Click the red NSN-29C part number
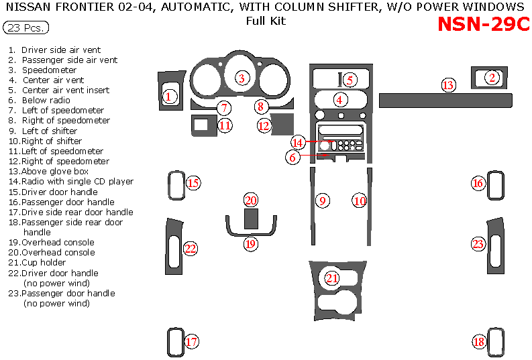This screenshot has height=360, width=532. (x=483, y=24)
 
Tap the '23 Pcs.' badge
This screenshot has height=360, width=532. (x=26, y=28)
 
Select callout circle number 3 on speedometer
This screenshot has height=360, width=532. (x=241, y=78)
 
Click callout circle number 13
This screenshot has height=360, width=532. (x=448, y=85)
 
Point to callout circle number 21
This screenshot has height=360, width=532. (x=332, y=278)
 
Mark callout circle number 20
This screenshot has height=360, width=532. (x=251, y=200)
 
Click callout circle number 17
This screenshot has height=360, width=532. (x=191, y=342)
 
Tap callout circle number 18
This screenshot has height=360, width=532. (x=479, y=342)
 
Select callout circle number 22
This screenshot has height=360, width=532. (x=191, y=249)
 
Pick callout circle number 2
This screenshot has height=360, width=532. (x=492, y=78)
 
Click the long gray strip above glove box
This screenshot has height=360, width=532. (x=445, y=101)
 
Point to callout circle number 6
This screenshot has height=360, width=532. (x=292, y=158)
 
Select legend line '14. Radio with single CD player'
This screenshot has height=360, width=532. (x=71, y=181)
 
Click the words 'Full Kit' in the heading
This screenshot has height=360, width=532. (x=266, y=21)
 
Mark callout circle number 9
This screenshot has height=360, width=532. (x=323, y=200)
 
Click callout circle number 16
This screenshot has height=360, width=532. (x=478, y=183)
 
